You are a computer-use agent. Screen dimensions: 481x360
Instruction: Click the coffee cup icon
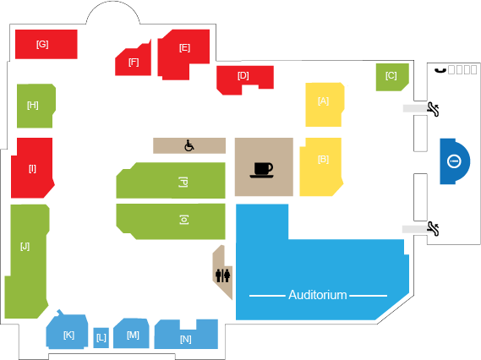261,170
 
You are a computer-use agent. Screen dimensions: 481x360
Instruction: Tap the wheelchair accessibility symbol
189,145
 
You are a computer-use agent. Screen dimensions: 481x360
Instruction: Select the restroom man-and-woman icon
222,275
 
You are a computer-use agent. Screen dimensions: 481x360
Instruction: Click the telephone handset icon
440,70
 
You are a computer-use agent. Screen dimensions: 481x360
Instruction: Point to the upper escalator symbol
433,109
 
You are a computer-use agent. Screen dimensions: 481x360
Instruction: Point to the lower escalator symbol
433,229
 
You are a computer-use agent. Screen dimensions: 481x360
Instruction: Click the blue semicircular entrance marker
454,161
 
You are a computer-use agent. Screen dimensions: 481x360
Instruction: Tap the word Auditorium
318,295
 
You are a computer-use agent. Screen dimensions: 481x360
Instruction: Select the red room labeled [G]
46,44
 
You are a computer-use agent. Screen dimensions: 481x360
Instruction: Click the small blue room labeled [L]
101,338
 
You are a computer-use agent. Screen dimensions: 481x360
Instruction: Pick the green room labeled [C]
392,77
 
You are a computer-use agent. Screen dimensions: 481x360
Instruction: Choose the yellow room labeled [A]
325,104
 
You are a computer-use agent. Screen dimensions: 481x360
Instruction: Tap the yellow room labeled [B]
321,166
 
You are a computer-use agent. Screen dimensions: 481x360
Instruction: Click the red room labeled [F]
134,62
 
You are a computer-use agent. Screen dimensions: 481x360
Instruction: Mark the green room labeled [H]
36,106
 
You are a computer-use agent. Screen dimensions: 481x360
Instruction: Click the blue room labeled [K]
67,331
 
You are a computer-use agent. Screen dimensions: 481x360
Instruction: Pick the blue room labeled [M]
131,333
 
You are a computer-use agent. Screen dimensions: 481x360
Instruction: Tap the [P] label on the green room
183,182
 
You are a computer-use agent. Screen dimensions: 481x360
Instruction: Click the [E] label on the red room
184,48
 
